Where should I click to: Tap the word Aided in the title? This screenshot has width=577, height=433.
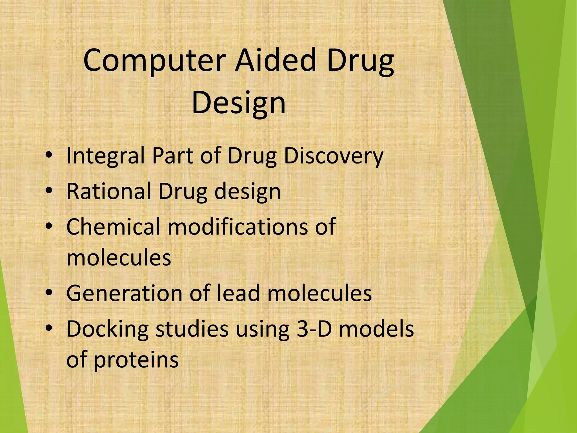[x=275, y=61]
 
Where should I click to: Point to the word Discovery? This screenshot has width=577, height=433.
[x=334, y=156]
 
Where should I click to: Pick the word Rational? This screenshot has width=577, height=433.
[x=109, y=191]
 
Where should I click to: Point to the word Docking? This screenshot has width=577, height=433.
[x=107, y=329]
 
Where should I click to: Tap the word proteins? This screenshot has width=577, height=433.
[x=136, y=360]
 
